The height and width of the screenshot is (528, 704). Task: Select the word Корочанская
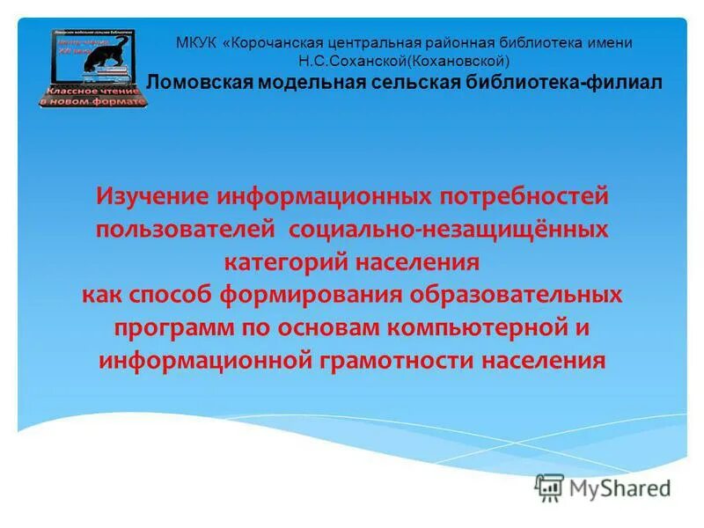[x=283, y=42]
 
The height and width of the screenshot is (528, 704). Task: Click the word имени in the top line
[x=612, y=42]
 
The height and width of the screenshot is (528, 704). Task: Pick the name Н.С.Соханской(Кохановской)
[x=404, y=62]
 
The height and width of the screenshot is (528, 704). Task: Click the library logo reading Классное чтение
[x=93, y=68]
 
